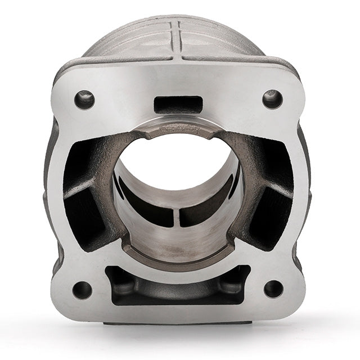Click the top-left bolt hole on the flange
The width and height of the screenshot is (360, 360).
(x=84, y=100)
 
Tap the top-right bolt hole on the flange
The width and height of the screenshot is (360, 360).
(x=272, y=99)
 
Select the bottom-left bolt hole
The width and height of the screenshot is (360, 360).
(x=82, y=290)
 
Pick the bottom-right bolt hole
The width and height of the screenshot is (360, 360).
(x=273, y=289)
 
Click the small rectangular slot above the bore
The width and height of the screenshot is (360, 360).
(x=178, y=104)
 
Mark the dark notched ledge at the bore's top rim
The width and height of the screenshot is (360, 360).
(x=178, y=127)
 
